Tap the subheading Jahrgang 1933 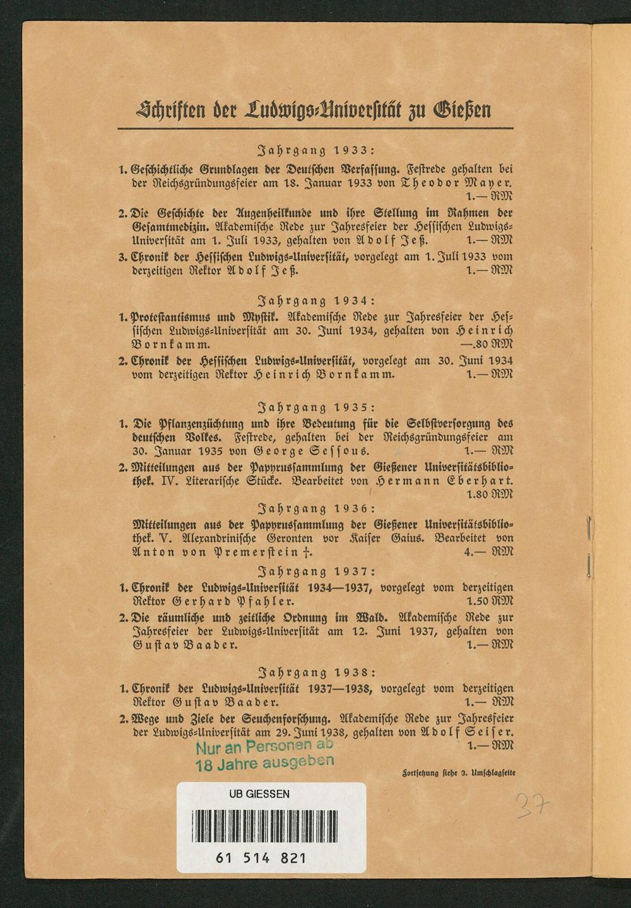coord(317,151)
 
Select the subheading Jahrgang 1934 coord(317,301)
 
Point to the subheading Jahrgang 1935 coord(317,407)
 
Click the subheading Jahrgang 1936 coord(317,508)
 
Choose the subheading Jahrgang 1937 coord(317,572)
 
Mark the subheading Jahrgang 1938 coord(317,672)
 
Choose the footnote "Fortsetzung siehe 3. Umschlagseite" coord(458,770)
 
